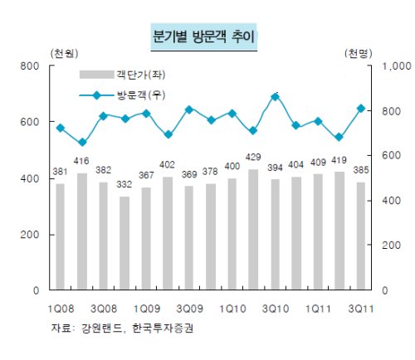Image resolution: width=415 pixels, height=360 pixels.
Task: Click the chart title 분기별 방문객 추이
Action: point(203,36)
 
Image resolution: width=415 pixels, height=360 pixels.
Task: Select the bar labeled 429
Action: point(253,230)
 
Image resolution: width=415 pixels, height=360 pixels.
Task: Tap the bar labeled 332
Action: point(124,243)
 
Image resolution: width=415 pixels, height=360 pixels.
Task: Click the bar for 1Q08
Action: point(61,236)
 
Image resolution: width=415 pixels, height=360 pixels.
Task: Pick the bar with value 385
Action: point(361,236)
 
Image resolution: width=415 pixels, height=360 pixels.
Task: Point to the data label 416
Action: point(81,161)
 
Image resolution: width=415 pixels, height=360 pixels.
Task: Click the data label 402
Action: point(167,165)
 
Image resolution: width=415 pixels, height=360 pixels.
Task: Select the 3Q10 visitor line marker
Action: point(275,97)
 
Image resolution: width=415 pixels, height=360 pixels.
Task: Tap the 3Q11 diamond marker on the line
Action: point(361,109)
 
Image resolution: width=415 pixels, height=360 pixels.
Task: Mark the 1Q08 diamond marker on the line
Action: point(61,128)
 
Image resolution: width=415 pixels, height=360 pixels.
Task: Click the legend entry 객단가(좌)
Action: point(122,75)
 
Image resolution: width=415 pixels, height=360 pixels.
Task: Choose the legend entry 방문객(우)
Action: point(122,95)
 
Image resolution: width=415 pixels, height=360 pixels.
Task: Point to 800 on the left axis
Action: point(30,66)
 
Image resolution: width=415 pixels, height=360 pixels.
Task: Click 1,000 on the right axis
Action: point(397,66)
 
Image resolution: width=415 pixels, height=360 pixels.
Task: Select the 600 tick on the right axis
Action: point(391,155)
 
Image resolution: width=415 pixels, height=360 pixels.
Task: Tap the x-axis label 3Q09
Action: point(190,309)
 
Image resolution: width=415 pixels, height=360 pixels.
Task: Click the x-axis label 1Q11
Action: point(318,309)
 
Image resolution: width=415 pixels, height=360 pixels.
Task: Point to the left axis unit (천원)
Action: point(64,53)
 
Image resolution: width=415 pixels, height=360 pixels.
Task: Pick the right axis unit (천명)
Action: point(359,53)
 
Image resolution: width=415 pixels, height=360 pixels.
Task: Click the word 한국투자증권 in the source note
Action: point(163,328)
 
